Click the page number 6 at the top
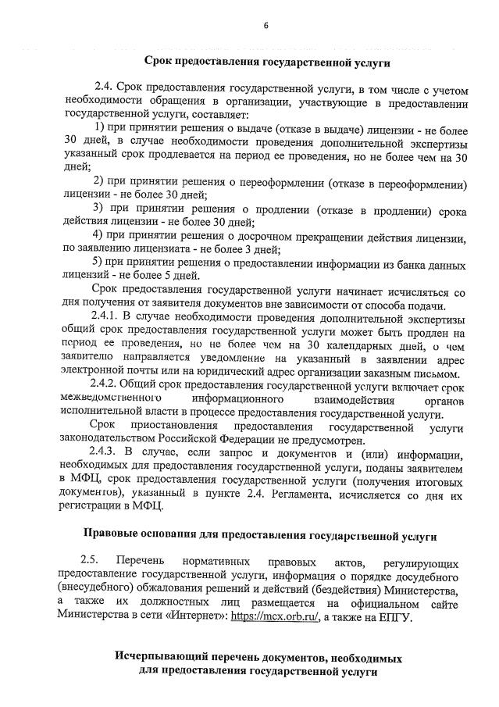266,25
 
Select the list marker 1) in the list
101,127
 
